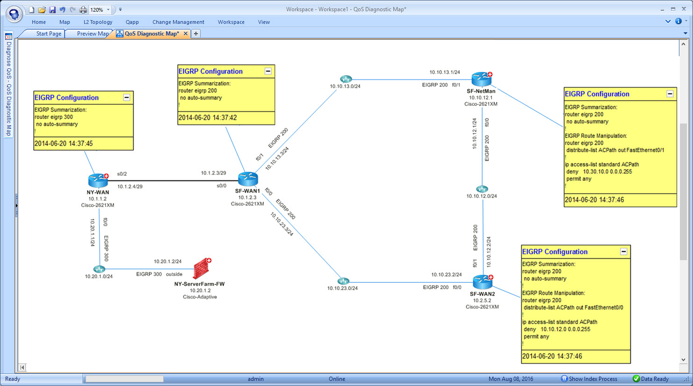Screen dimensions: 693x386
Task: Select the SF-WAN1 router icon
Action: (248, 179)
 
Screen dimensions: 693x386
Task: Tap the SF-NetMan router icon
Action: (482, 79)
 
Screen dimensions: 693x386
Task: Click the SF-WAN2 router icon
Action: (483, 282)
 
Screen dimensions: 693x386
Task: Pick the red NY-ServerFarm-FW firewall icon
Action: (202, 268)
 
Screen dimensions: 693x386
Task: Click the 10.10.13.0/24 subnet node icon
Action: (346, 79)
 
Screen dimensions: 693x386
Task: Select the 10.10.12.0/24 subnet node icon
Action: (482, 189)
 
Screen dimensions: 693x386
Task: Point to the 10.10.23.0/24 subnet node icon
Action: (343, 281)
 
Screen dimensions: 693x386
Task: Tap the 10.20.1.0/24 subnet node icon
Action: (99, 269)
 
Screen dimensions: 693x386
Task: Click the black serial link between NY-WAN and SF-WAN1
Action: (173, 181)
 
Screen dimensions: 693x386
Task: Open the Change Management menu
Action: (178, 22)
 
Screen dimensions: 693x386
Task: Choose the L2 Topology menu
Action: (98, 22)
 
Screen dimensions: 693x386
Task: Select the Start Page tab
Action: (49, 33)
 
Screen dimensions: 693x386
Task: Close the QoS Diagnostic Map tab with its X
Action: (186, 33)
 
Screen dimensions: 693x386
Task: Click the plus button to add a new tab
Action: (196, 33)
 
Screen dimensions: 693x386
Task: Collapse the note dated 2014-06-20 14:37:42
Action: (268, 71)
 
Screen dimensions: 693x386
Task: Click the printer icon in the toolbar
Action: (83, 10)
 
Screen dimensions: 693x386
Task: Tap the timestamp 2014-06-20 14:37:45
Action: (64, 143)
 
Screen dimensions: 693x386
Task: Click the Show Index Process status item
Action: (589, 379)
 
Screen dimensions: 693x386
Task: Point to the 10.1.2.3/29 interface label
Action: (214, 173)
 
